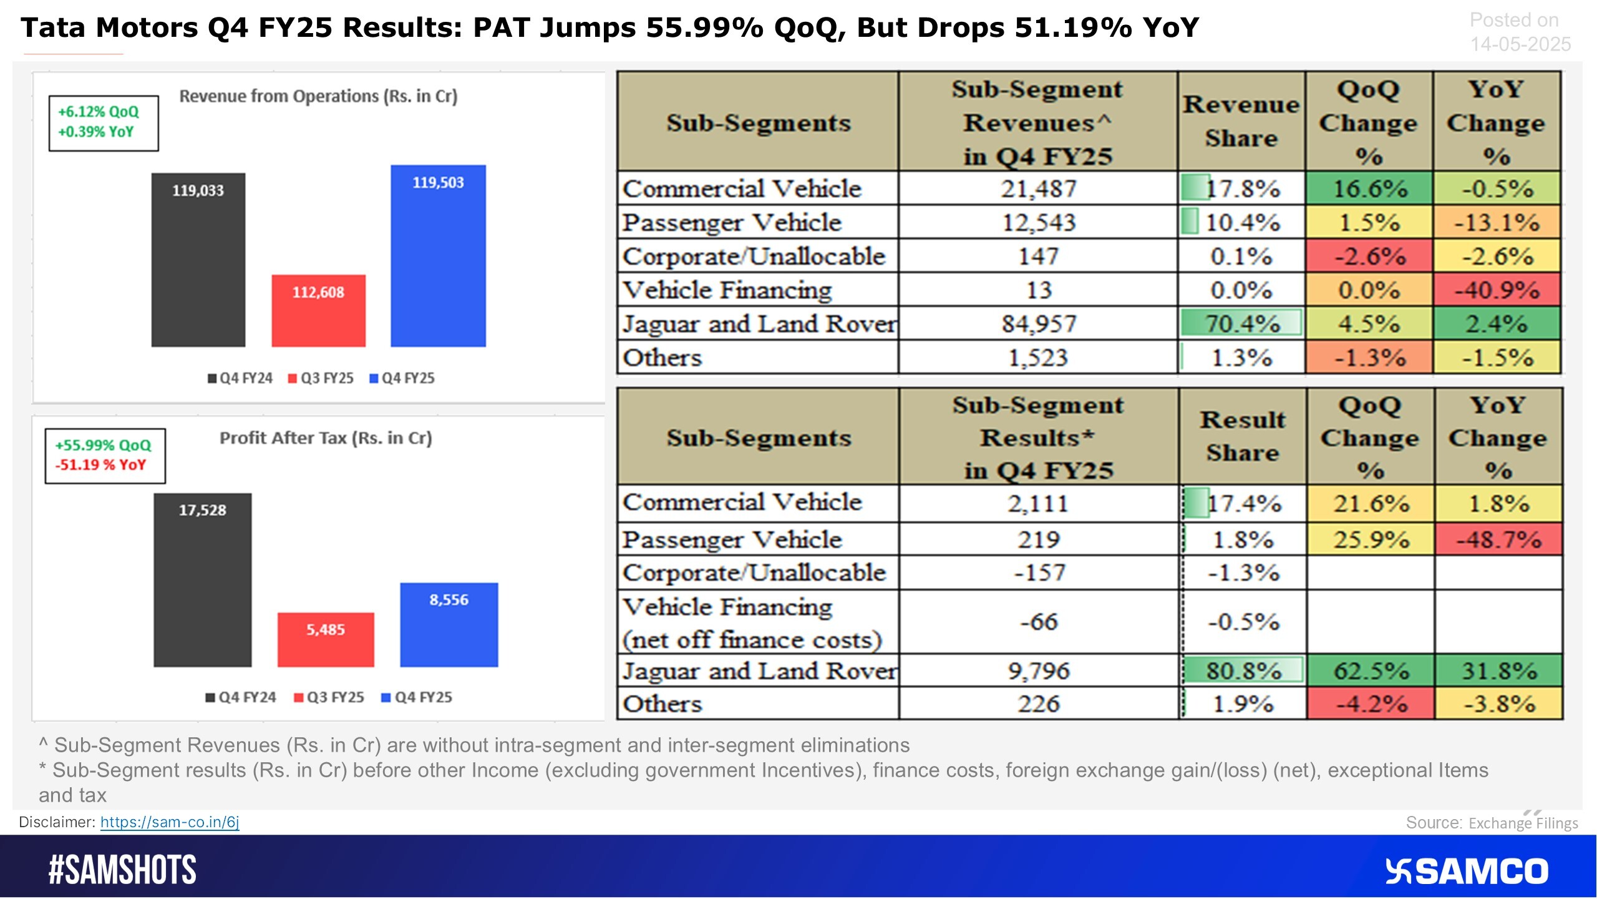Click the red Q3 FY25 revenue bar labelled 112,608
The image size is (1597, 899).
tap(318, 310)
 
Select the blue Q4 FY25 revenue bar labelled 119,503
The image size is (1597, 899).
tap(438, 256)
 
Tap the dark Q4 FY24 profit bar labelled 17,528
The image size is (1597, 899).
tap(203, 580)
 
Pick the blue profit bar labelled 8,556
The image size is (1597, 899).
tap(449, 624)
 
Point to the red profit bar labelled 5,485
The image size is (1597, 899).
tap(326, 639)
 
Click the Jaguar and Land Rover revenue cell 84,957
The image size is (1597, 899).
tap(1039, 323)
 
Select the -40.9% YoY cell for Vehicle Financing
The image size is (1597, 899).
tap(1497, 290)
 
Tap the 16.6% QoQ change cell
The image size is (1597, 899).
tap(1369, 189)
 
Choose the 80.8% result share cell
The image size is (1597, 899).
tap(1243, 671)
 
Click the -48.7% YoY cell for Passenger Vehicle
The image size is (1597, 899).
tap(1498, 539)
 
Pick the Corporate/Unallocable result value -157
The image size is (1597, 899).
tap(1039, 572)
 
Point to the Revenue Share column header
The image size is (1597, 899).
tap(1241, 121)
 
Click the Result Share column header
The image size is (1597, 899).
tap(1243, 436)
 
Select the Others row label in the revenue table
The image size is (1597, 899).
tap(663, 358)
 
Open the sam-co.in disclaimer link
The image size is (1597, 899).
tap(170, 822)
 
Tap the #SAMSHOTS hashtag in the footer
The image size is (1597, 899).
tap(122, 870)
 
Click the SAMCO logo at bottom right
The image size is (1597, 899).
tap(1466, 871)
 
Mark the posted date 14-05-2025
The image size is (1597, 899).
tap(1520, 44)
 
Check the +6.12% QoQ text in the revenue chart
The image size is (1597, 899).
tap(99, 112)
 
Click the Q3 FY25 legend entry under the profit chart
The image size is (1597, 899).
tap(329, 697)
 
